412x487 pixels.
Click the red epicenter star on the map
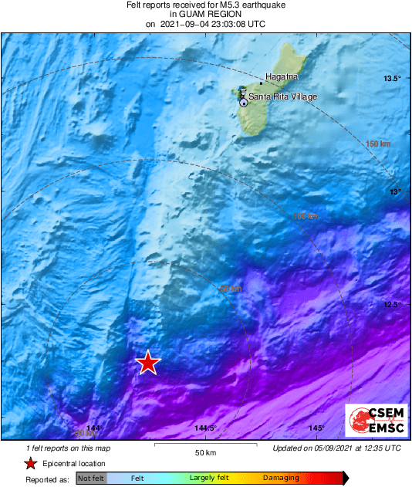tap(147, 362)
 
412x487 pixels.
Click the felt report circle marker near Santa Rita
tap(244, 102)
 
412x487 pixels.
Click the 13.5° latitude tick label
tap(393, 79)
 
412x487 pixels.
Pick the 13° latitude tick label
tap(394, 191)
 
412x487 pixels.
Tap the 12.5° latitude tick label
tap(393, 304)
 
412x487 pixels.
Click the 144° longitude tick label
tap(94, 428)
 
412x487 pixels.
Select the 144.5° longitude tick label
tap(205, 428)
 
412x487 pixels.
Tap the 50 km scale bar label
tap(204, 452)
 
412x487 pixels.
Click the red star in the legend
tap(30, 464)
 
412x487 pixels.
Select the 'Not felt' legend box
tap(92, 479)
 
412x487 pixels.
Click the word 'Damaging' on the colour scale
tap(281, 479)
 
